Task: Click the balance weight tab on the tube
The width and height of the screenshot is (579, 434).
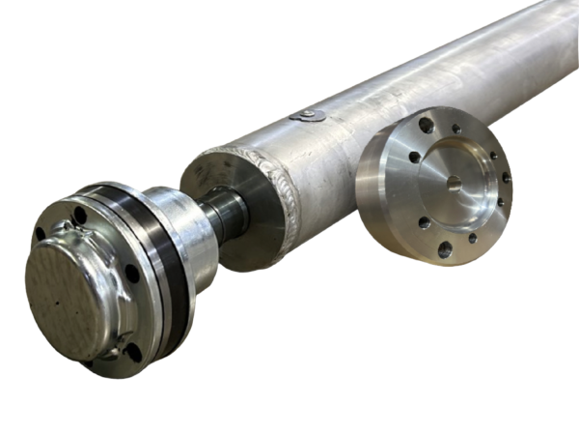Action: tap(308, 115)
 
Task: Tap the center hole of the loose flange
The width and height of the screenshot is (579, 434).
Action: tap(454, 181)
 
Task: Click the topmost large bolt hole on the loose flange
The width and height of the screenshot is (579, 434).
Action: tap(426, 125)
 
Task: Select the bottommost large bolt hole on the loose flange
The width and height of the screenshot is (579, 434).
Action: tap(445, 249)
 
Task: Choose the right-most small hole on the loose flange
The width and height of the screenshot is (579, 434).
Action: tap(506, 178)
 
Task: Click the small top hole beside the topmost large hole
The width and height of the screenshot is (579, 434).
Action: tap(454, 129)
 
